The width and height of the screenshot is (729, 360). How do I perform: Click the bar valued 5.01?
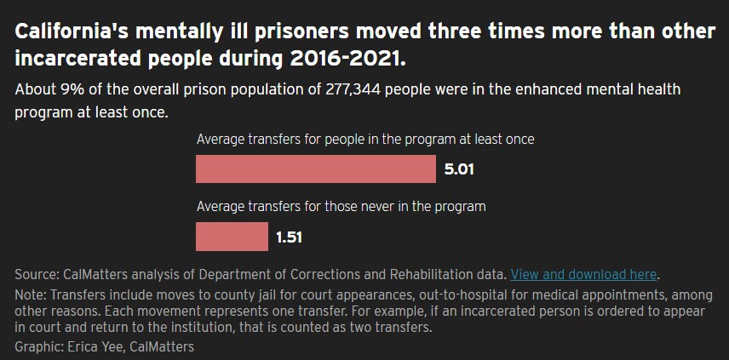pyautogui.click(x=316, y=169)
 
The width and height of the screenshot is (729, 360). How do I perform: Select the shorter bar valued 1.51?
pyautogui.click(x=232, y=237)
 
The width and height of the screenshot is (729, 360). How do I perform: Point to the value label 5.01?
pyautogui.click(x=459, y=169)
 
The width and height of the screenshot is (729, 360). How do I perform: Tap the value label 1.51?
pyautogui.click(x=289, y=237)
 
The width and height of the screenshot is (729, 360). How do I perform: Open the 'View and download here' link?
pyautogui.click(x=584, y=274)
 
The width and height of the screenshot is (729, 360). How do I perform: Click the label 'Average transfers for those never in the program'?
pyautogui.click(x=341, y=206)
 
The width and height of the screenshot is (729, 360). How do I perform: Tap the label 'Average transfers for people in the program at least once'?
pyautogui.click(x=365, y=139)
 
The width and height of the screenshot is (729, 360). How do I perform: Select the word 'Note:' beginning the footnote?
pyautogui.click(x=32, y=294)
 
